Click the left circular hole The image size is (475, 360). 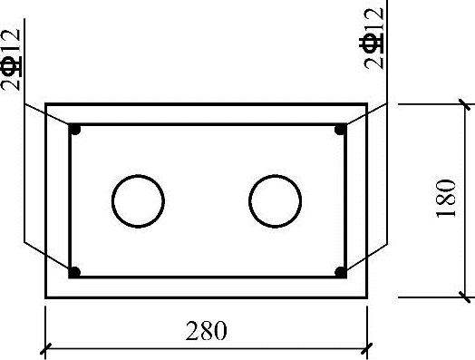click(x=112, y=201)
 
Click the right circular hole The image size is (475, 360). click(x=249, y=201)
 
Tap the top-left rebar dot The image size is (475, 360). click(x=75, y=130)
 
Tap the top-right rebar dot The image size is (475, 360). click(x=341, y=130)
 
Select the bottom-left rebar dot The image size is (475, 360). click(x=75, y=272)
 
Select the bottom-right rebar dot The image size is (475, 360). click(x=341, y=272)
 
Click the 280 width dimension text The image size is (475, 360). click(x=206, y=331)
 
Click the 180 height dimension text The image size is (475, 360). click(x=446, y=199)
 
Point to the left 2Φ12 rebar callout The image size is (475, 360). click(x=12, y=60)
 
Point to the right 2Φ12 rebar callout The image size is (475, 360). click(x=372, y=38)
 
